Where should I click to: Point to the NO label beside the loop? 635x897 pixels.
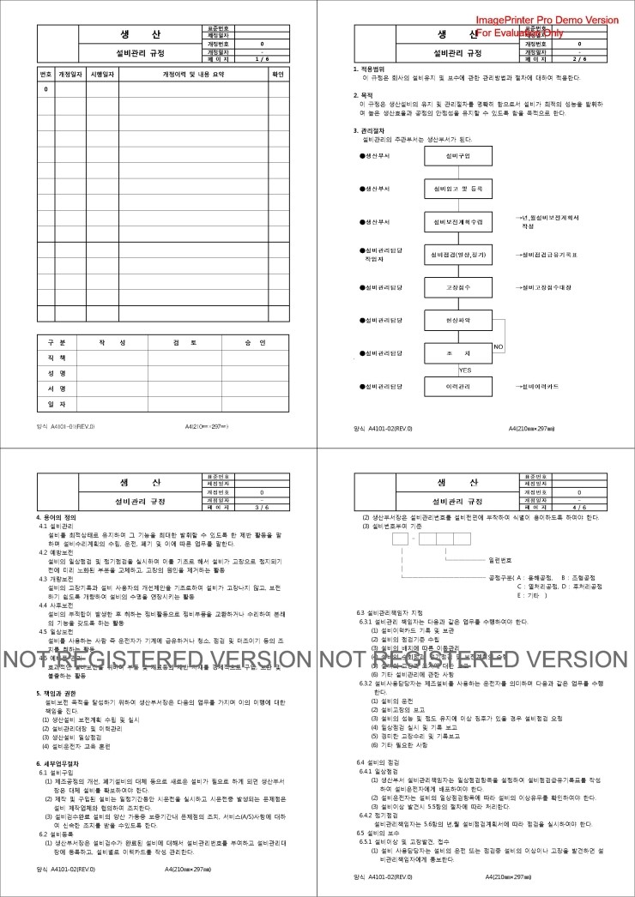point(498,346)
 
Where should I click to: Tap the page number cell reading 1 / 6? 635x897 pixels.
point(261,58)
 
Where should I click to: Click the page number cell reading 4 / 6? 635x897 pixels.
point(578,507)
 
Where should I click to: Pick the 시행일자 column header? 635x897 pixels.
point(103,75)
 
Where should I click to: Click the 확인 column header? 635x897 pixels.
point(277,75)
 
